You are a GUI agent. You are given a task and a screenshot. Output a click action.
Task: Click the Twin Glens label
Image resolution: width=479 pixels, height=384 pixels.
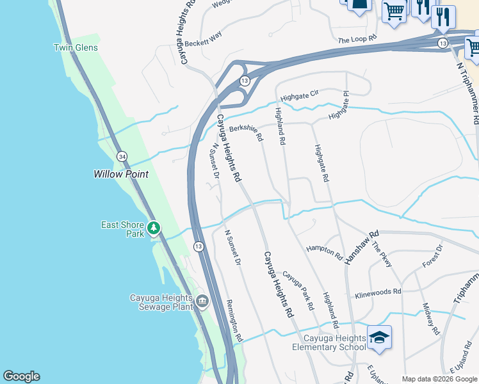76,48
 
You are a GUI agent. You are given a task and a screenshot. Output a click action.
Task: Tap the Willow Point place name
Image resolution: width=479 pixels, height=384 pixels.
121,174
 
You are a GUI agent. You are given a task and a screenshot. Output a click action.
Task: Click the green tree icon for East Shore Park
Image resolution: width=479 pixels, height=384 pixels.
153,228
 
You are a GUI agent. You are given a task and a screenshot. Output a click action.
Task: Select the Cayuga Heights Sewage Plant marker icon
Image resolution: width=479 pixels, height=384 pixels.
202,300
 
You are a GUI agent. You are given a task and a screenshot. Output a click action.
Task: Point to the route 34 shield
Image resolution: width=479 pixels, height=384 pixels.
121,156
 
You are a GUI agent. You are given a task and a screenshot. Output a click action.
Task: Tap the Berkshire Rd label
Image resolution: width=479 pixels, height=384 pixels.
247,131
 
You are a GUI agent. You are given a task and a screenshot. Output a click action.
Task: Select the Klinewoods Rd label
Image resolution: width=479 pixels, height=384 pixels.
378,293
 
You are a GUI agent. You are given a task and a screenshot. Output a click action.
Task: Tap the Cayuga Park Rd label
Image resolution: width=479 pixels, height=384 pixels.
298,290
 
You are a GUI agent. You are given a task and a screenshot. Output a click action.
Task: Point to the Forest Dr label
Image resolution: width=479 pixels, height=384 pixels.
432,256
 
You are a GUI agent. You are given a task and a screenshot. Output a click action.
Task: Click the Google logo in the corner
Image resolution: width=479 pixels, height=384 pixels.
21,376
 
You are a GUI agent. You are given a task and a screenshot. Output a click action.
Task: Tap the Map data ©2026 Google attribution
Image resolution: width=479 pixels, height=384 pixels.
439,379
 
